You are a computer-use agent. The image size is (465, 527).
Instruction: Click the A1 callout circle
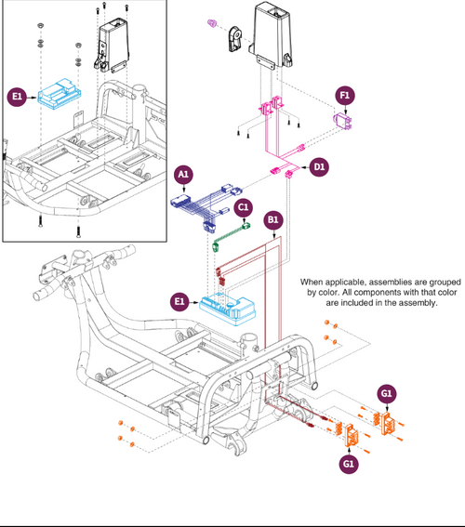[x=184, y=174]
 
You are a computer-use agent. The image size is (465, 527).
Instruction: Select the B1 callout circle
[x=274, y=220]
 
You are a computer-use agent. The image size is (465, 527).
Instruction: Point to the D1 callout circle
[x=318, y=166]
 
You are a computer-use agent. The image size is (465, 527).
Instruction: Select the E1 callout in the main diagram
[x=181, y=301]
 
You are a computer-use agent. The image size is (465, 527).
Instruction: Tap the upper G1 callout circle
[x=387, y=394]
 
